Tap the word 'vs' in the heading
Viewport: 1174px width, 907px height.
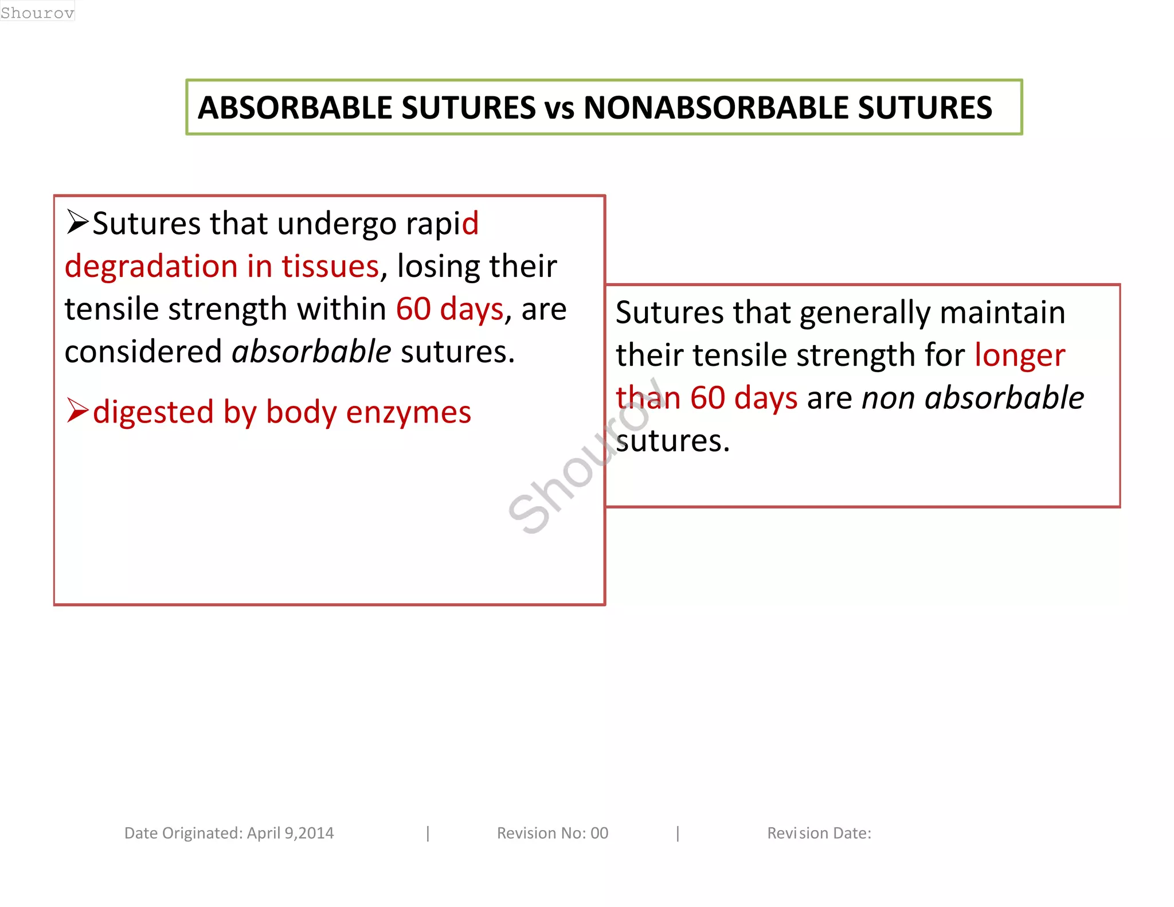click(x=559, y=109)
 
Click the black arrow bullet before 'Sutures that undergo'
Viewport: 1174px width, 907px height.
click(x=77, y=222)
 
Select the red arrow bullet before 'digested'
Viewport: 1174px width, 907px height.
click(x=77, y=411)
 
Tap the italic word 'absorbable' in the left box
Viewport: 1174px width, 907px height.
click(x=311, y=351)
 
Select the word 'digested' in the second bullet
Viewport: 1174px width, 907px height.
click(x=153, y=413)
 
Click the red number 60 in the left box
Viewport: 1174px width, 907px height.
click(x=413, y=309)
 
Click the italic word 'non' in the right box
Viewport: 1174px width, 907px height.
click(x=889, y=398)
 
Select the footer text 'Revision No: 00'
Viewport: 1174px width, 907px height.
click(x=552, y=833)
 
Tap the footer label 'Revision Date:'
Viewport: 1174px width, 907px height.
click(x=819, y=833)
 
